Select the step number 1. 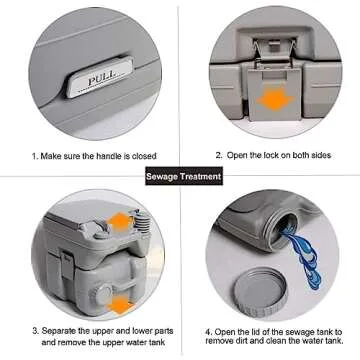click(34, 156)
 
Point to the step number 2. click(218, 155)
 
